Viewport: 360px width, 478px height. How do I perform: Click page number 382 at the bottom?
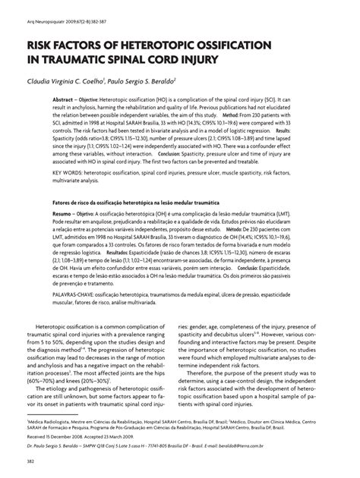(x=31, y=462)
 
